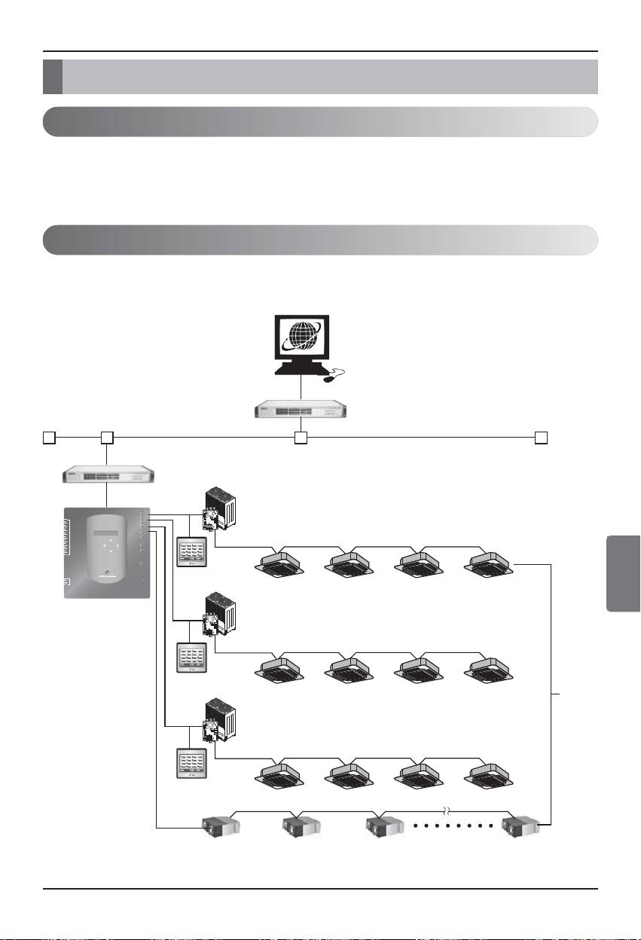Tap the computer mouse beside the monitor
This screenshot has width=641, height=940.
coord(331,378)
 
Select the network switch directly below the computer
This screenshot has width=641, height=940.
coord(301,410)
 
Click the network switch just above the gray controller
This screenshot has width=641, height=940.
coord(108,475)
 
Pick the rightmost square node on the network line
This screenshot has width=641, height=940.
coord(541,437)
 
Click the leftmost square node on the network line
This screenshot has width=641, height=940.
coord(48,437)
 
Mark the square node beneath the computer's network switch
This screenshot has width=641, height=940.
coord(301,437)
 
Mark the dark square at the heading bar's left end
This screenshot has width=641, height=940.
coord(52,77)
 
